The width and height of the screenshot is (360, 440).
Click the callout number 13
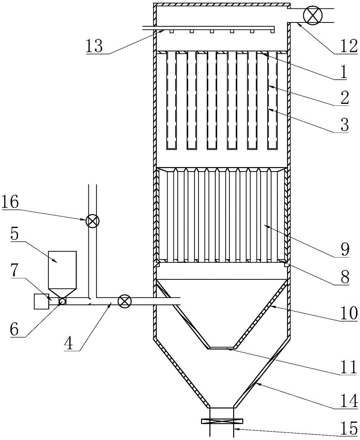(x=95, y=46)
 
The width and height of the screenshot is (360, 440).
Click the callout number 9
(x=345, y=249)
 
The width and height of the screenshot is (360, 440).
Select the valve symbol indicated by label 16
(x=92, y=222)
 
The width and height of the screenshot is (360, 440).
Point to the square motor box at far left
(x=41, y=301)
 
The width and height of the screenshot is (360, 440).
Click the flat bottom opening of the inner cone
(x=221, y=348)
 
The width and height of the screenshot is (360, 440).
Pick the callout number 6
(x=15, y=330)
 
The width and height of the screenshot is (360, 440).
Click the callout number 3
(x=344, y=125)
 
